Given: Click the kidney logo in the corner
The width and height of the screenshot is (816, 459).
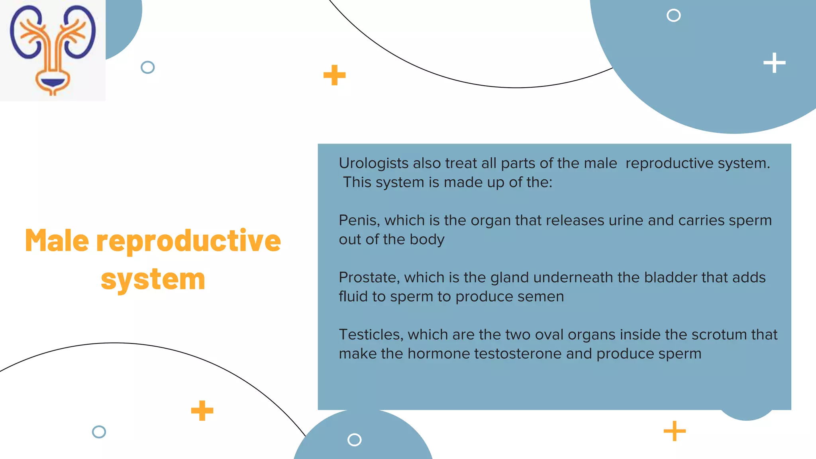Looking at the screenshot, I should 53,50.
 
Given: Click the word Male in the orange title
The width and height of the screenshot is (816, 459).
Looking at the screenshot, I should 57,241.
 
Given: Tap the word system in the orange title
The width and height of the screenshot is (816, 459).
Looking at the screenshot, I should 153,279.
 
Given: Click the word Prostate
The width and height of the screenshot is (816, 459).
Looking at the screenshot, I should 369,277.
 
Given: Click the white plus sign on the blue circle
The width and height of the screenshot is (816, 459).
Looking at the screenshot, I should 774,63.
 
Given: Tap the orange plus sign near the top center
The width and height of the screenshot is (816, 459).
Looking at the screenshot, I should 334,75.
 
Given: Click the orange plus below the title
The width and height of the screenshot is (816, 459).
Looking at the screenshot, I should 202,411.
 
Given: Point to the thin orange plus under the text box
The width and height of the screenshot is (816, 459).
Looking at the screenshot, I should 675,431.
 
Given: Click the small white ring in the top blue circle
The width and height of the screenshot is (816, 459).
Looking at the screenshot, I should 673,16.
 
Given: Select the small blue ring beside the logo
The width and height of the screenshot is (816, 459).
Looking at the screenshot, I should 147,67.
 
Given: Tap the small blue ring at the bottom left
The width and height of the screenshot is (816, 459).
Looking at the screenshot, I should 99,432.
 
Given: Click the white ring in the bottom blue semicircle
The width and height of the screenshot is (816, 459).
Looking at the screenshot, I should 354,440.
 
